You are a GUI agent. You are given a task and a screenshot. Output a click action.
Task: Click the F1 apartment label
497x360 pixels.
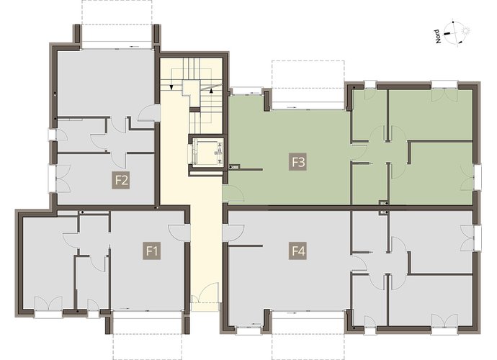point(151,251)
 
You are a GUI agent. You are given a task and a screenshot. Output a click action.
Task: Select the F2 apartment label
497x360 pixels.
point(121,181)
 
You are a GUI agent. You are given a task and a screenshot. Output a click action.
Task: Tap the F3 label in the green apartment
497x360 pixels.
point(297,162)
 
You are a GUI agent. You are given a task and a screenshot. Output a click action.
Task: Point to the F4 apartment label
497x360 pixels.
point(297,251)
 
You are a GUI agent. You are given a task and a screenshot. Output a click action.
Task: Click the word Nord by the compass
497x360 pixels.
point(438,37)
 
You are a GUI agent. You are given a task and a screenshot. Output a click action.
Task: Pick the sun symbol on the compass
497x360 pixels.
point(465,31)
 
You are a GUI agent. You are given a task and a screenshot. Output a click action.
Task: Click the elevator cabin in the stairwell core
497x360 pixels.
point(206,153)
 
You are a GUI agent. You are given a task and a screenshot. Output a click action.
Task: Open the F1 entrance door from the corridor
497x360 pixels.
point(179,233)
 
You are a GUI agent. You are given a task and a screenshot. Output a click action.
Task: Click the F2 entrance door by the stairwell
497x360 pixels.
point(149,113)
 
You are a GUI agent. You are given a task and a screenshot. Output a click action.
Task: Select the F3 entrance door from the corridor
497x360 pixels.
point(233,194)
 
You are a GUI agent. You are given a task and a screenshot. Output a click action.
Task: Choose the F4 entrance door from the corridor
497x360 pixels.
point(233,233)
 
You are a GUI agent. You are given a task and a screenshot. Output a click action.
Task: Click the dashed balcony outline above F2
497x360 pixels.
point(117,12)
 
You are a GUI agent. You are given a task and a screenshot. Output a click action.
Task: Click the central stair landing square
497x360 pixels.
point(191,88)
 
